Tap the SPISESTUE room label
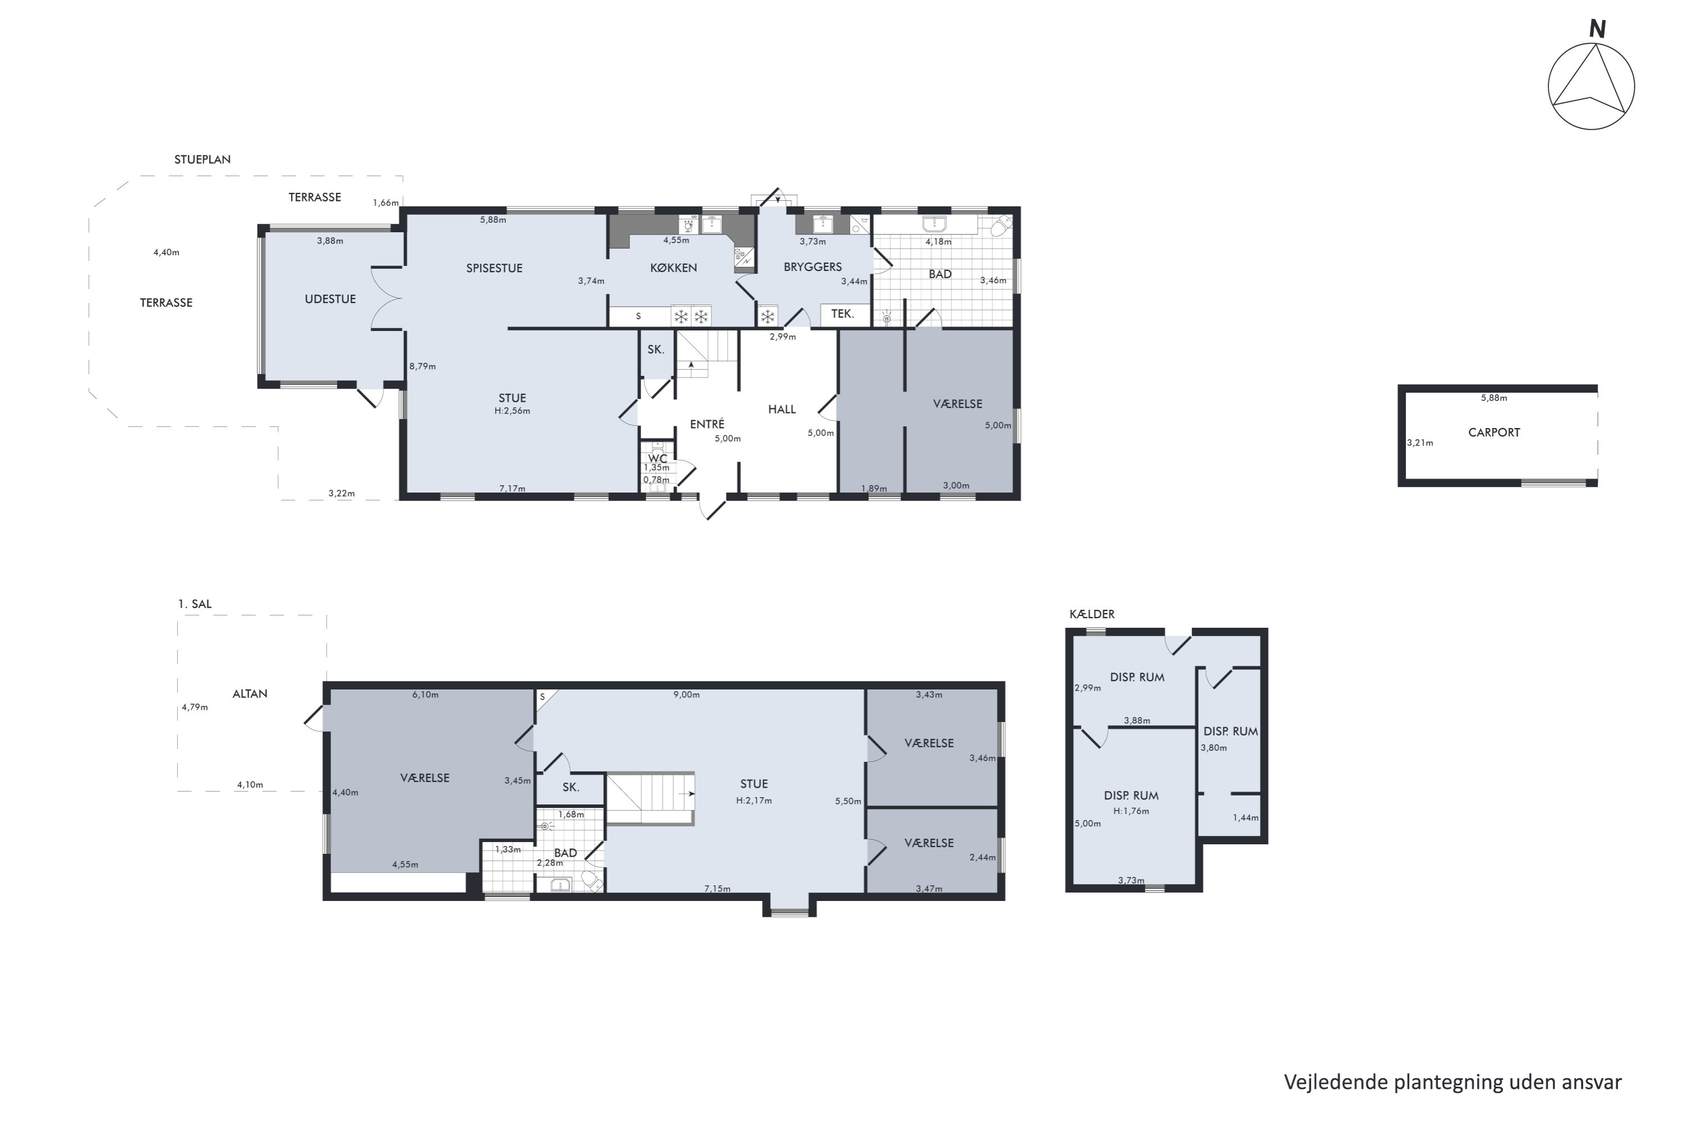click(494, 268)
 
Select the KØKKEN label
click(673, 268)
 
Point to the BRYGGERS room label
click(812, 267)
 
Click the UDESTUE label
click(330, 299)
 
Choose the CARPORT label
click(1494, 432)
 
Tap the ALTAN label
click(250, 693)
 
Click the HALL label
click(781, 410)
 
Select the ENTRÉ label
click(707, 424)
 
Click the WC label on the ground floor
click(657, 459)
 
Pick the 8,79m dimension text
click(422, 366)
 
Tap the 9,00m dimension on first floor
click(686, 695)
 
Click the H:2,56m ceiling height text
click(512, 411)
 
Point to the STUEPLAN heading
click(203, 159)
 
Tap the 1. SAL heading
click(195, 604)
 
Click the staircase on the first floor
click(650, 798)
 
